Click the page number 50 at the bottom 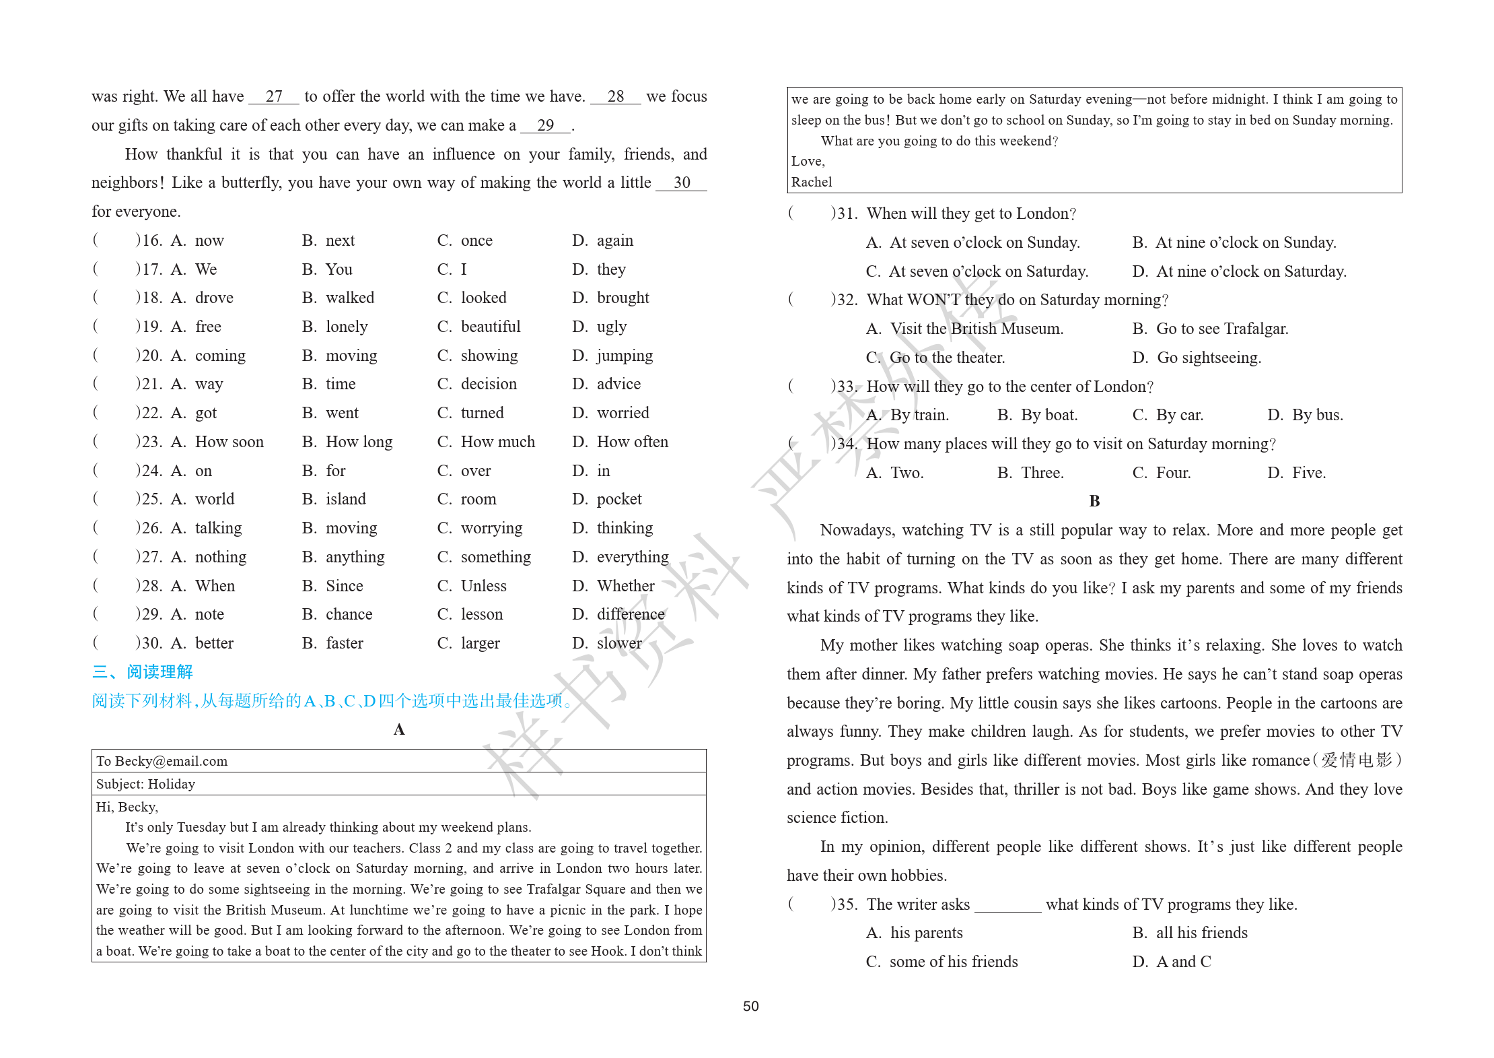click(x=750, y=1006)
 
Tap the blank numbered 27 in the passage click(x=274, y=97)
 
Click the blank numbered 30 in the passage click(x=681, y=183)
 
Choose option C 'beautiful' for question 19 click(x=490, y=327)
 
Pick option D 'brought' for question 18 click(x=622, y=298)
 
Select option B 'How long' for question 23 click(x=358, y=442)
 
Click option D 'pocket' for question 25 click(x=618, y=499)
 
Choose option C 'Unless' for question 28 click(x=483, y=586)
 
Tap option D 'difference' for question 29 click(x=630, y=614)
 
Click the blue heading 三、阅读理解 click(x=143, y=671)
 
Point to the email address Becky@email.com click(x=171, y=761)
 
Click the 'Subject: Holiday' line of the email click(x=145, y=784)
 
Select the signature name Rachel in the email click(x=812, y=182)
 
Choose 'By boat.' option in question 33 click(x=1048, y=415)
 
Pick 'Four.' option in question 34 click(x=1173, y=473)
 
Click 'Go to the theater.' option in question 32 click(x=947, y=358)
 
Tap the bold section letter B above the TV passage click(x=1094, y=501)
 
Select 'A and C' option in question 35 click(x=1183, y=962)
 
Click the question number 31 click(x=846, y=213)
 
